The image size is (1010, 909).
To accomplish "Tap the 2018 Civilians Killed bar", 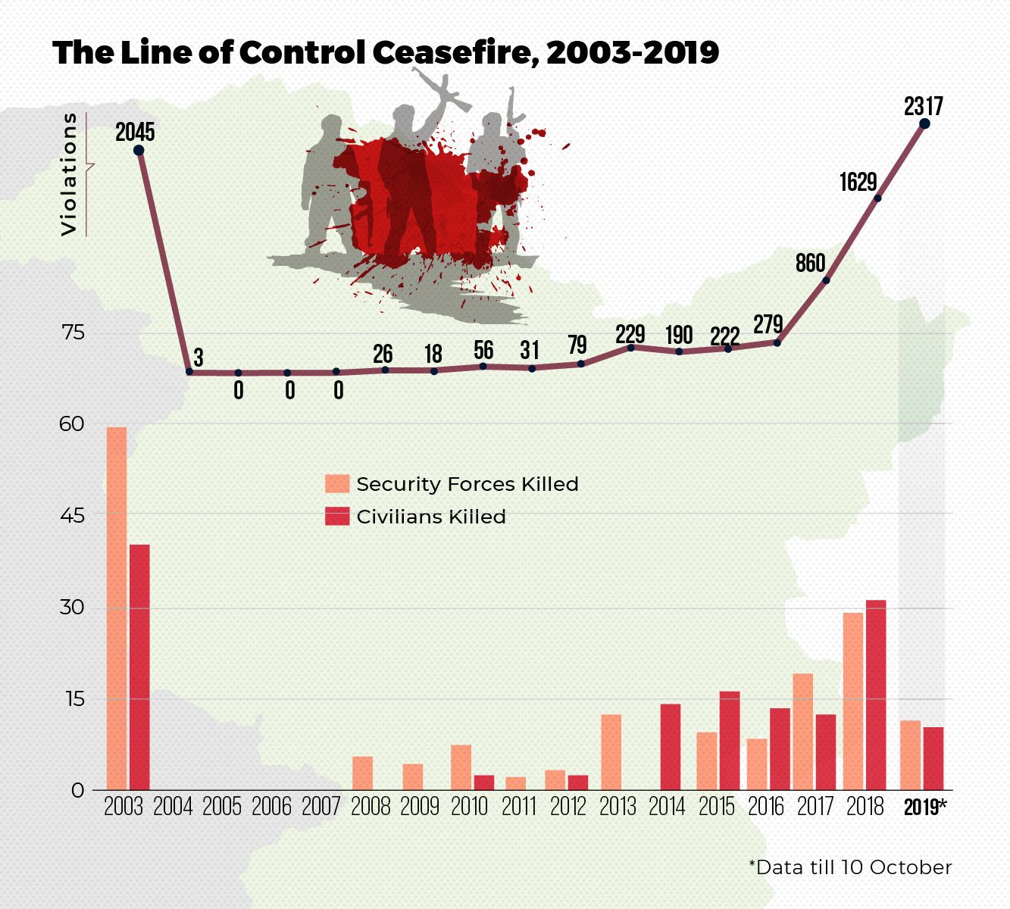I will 876,695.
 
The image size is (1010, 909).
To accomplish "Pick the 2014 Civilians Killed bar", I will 671,747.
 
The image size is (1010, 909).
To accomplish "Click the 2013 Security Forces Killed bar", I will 611,752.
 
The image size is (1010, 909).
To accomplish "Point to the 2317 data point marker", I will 924,123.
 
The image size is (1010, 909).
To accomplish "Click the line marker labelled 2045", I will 139,150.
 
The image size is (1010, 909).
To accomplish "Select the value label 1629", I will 858,182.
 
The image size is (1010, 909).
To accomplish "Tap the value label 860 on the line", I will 810,263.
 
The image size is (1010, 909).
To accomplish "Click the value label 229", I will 630,334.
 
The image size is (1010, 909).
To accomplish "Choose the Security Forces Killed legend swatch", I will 337,484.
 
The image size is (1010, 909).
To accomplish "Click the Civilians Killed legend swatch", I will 337,517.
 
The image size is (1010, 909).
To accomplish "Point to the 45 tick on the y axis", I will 72,515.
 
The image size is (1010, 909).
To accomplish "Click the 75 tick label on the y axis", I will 72,333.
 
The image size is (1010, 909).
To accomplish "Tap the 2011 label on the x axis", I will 519,807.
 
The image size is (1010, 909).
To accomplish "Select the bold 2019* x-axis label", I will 924,807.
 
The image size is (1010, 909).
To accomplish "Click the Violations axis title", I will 69,174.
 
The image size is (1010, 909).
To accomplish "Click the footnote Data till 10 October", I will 849,867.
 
